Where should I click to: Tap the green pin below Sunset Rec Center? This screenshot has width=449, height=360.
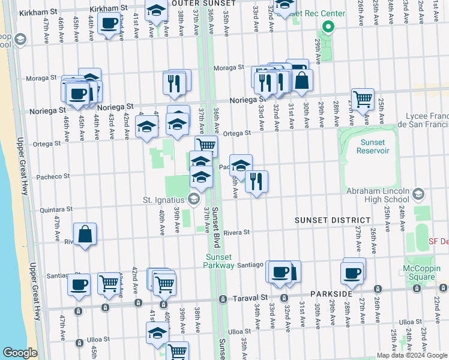coord(328,27)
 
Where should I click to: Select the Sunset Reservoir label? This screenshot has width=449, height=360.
coord(376,146)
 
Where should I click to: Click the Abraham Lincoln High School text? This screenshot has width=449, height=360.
coord(378,196)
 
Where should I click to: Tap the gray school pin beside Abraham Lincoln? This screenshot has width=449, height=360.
coord(418,194)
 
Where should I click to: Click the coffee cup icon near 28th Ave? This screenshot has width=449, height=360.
coord(352,272)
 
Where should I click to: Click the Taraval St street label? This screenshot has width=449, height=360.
coord(251,298)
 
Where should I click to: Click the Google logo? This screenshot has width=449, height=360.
coord(20,353)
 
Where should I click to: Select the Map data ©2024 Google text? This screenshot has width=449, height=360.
coord(411,355)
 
